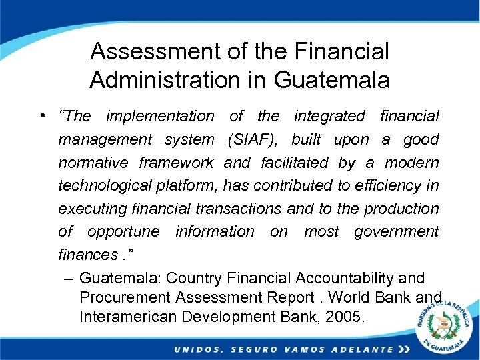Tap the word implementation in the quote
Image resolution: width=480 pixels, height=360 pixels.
click(160, 117)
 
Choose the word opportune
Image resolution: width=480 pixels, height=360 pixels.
click(123, 232)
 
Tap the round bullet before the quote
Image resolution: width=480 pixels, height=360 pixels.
click(42, 117)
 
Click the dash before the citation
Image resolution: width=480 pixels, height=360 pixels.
click(68, 277)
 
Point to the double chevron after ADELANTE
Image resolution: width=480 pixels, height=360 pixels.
click(403, 349)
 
